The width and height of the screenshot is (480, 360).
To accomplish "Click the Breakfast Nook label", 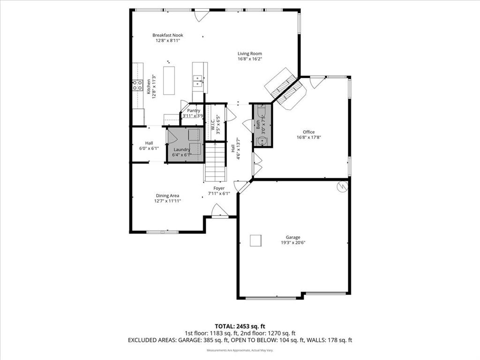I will pyautogui.click(x=168, y=35).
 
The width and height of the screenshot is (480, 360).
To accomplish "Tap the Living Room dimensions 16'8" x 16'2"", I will pyautogui.click(x=249, y=59).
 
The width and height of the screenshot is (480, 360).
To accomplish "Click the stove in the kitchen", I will pyautogui.click(x=137, y=85).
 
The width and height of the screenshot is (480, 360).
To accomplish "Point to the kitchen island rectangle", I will pyautogui.click(x=169, y=80).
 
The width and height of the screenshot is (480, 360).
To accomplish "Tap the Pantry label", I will pyautogui.click(x=194, y=111).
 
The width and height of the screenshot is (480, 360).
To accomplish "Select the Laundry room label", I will pyautogui.click(x=181, y=150).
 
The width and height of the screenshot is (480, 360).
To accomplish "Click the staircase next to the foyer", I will pyautogui.click(x=216, y=162).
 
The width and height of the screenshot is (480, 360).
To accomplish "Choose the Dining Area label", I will pyautogui.click(x=167, y=195).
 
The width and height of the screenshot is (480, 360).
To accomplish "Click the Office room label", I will pyautogui.click(x=308, y=132).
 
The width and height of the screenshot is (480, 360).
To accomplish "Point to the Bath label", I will pyautogui.click(x=258, y=125).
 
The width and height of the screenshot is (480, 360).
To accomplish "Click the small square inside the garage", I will pyautogui.click(x=255, y=240).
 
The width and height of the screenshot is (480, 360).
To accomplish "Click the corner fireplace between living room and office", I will pyautogui.click(x=285, y=89).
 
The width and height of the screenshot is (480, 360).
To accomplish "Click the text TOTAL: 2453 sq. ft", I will pyautogui.click(x=240, y=326).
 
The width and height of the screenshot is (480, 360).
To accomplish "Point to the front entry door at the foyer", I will pyautogui.click(x=220, y=211).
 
